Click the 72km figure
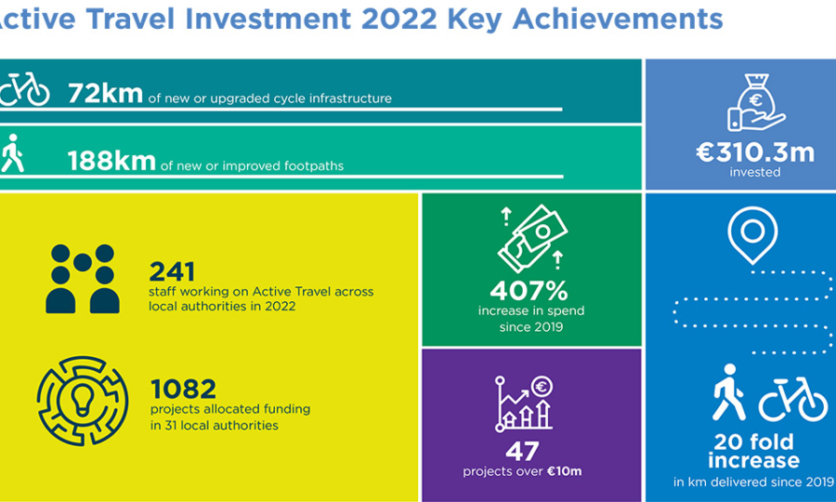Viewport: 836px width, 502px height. [105, 93]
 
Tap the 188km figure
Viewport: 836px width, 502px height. [111, 161]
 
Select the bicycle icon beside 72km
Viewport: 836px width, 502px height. [24, 88]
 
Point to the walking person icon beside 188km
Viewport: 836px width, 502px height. [13, 153]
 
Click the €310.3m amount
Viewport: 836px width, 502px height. [755, 153]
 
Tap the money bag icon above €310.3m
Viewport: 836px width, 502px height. [755, 102]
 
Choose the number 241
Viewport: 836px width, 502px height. [172, 271]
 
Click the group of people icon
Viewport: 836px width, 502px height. [83, 279]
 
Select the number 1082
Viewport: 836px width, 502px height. [183, 389]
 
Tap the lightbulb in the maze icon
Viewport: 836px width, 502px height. [82, 401]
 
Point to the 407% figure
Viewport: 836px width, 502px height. [529, 291]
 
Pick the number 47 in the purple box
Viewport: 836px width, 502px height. [522, 451]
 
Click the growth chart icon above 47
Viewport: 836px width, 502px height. [524, 403]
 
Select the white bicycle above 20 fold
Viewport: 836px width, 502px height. [793, 400]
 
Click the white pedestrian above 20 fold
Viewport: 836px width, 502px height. [728, 392]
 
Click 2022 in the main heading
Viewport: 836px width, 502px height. [398, 19]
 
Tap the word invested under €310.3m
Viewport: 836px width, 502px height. [755, 172]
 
